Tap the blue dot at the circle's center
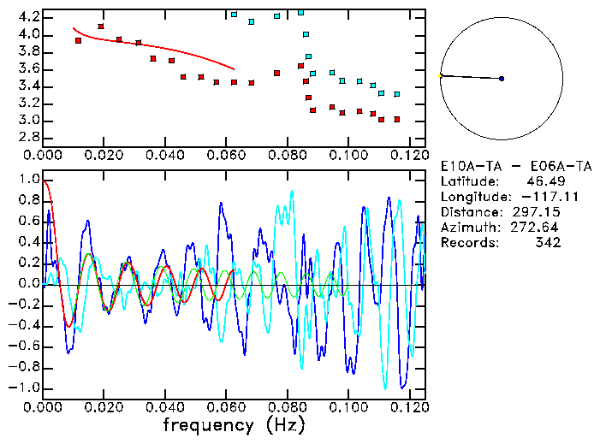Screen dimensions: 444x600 (x=502, y=79)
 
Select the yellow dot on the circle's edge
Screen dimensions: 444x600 (x=441, y=75)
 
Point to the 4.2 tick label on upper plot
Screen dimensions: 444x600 (x=28, y=17)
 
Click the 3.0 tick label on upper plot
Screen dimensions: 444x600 (x=28, y=120)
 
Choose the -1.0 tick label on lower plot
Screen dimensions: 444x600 (x=24, y=388)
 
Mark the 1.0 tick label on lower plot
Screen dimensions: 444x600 (x=28, y=180)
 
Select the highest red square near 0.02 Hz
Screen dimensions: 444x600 (x=101, y=27)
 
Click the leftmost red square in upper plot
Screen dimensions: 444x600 (x=78, y=40)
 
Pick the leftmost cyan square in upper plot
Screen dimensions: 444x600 (x=234, y=15)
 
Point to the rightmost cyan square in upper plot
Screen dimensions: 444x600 (x=396, y=94)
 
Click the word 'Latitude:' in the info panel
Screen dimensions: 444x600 (x=471, y=181)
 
